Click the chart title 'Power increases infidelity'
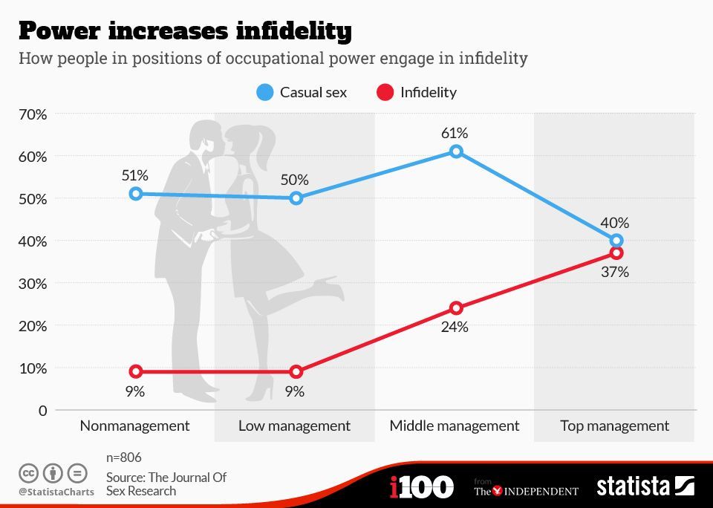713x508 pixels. pyautogui.click(x=185, y=30)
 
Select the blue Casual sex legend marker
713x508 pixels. pyautogui.click(x=265, y=92)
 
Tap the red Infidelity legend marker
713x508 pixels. pyautogui.click(x=385, y=92)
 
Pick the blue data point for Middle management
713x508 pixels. pyautogui.click(x=456, y=152)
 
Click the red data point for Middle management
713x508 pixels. pyautogui.click(x=456, y=308)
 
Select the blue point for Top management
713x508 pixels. pyautogui.click(x=616, y=241)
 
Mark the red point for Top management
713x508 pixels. pyautogui.click(x=616, y=253)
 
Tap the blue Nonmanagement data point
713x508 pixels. pyautogui.click(x=135, y=194)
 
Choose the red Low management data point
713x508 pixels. pyautogui.click(x=296, y=371)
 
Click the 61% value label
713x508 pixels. pyautogui.click(x=454, y=133)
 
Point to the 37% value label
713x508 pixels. pyautogui.click(x=615, y=272)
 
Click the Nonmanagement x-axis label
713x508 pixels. pyautogui.click(x=135, y=426)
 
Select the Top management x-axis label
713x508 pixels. pyautogui.click(x=614, y=426)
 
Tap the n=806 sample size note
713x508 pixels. pyautogui.click(x=124, y=457)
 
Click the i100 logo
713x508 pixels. pyautogui.click(x=421, y=487)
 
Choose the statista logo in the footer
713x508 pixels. pyautogui.click(x=645, y=486)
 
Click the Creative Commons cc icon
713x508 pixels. pyautogui.click(x=29, y=472)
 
